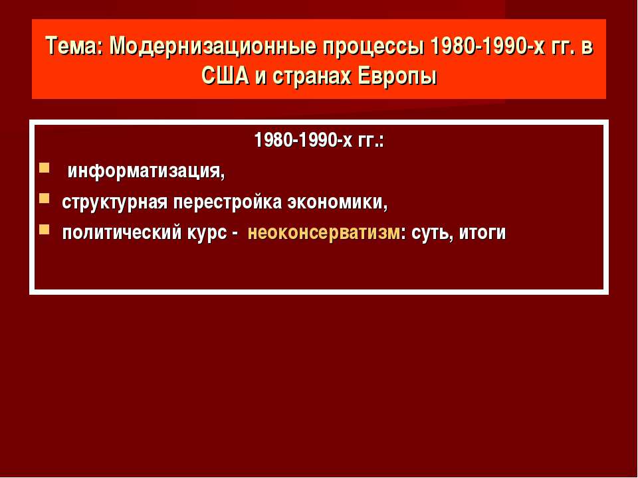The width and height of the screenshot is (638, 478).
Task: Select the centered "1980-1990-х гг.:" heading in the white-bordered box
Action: click(x=319, y=141)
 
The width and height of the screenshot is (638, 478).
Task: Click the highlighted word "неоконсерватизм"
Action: click(x=324, y=233)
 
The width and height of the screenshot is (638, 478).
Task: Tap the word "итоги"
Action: click(x=482, y=233)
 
